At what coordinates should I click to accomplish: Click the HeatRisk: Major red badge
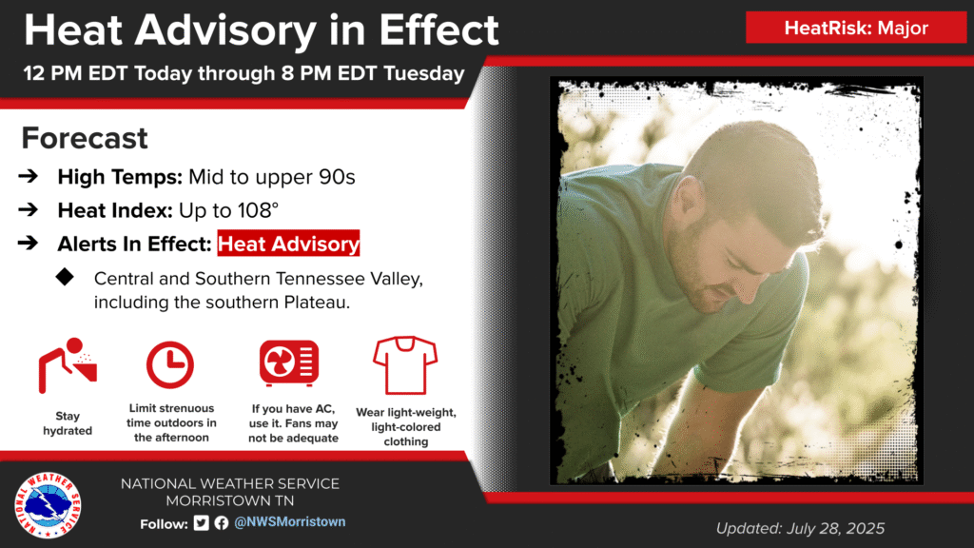pyautogui.click(x=856, y=28)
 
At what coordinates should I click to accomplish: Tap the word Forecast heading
pyautogui.click(x=85, y=138)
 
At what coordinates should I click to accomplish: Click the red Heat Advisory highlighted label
pyautogui.click(x=288, y=244)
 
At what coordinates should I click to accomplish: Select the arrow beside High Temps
pyautogui.click(x=28, y=176)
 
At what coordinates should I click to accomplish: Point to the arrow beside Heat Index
pyautogui.click(x=28, y=210)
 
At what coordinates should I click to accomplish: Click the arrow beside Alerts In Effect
pyautogui.click(x=28, y=243)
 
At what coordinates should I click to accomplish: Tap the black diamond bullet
pyautogui.click(x=65, y=277)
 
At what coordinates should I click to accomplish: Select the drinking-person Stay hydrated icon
pyautogui.click(x=68, y=365)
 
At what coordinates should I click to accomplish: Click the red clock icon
pyautogui.click(x=169, y=364)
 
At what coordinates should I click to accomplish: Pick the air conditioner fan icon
pyautogui.click(x=289, y=362)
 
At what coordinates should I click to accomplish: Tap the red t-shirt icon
pyautogui.click(x=405, y=365)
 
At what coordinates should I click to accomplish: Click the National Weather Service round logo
pyautogui.click(x=48, y=504)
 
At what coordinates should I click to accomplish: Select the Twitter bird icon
pyautogui.click(x=202, y=523)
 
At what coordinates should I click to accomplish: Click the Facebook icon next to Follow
pyautogui.click(x=222, y=523)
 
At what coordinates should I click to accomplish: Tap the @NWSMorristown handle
pyautogui.click(x=289, y=522)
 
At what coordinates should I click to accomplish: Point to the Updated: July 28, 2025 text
pyautogui.click(x=800, y=528)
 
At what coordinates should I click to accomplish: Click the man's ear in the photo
pyautogui.click(x=685, y=200)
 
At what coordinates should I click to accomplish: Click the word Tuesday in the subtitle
pyautogui.click(x=423, y=73)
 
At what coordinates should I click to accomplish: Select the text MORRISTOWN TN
pyautogui.click(x=230, y=500)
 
